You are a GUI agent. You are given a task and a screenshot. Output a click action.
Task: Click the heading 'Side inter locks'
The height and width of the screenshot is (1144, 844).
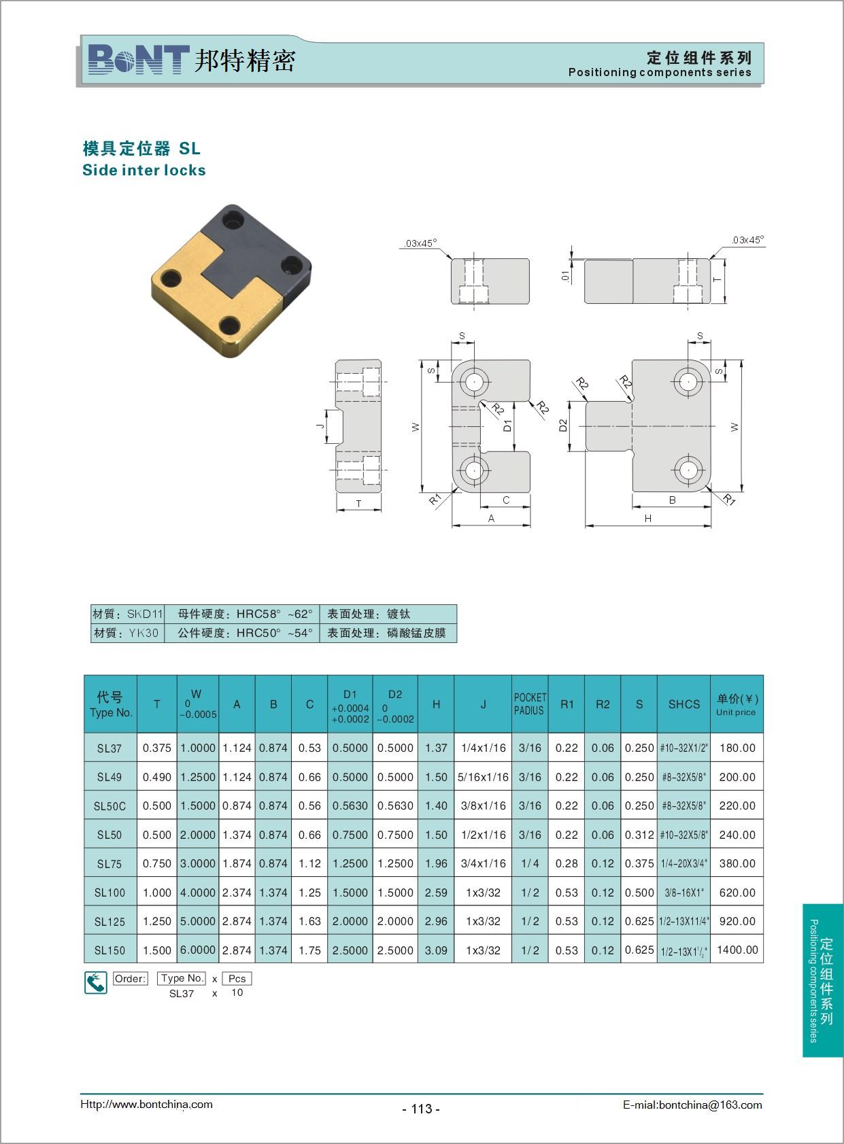tap(144, 170)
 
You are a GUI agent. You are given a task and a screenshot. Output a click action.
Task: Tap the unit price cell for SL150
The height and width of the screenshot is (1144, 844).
tap(737, 950)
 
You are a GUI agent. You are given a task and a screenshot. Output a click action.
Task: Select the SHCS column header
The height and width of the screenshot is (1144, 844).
tap(683, 704)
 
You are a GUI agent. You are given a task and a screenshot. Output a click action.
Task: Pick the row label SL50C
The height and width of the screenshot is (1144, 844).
tap(109, 806)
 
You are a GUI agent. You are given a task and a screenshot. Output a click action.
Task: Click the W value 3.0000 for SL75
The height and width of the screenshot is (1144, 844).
tap(198, 864)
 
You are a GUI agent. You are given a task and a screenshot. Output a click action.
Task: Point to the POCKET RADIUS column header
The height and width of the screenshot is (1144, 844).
tap(530, 704)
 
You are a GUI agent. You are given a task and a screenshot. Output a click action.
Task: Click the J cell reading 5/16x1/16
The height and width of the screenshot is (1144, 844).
tap(483, 778)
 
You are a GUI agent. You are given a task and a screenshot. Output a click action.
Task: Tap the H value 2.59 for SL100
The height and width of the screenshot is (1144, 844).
tap(436, 892)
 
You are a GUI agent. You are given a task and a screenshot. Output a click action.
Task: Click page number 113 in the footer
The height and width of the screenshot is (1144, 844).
tap(422, 1108)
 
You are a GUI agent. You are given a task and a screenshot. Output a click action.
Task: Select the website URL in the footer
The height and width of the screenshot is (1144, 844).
tap(146, 1104)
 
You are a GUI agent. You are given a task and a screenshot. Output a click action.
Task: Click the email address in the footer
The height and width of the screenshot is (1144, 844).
tap(692, 1105)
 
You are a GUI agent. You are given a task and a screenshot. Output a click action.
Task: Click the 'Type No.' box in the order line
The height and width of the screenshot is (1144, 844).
tap(182, 978)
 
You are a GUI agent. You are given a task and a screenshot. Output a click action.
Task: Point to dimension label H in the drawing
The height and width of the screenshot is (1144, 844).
tap(648, 519)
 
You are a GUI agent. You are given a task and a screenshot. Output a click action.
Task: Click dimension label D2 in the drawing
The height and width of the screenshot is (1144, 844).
tap(563, 426)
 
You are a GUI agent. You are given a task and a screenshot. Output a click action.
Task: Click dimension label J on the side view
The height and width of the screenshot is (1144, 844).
tap(320, 426)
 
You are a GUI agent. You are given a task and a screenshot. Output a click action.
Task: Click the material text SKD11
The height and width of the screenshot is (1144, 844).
tap(145, 614)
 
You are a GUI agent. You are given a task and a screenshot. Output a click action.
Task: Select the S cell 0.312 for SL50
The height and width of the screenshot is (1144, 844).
tap(639, 835)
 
